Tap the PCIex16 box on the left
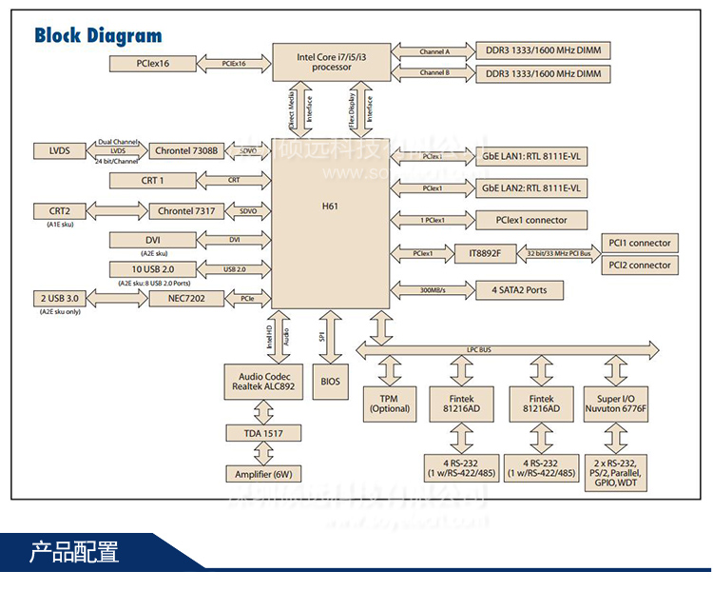point(151,63)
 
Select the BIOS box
point(330,381)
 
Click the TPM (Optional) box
point(389,404)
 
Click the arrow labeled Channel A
point(434,49)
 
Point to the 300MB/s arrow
point(434,289)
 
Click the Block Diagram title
point(98,36)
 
